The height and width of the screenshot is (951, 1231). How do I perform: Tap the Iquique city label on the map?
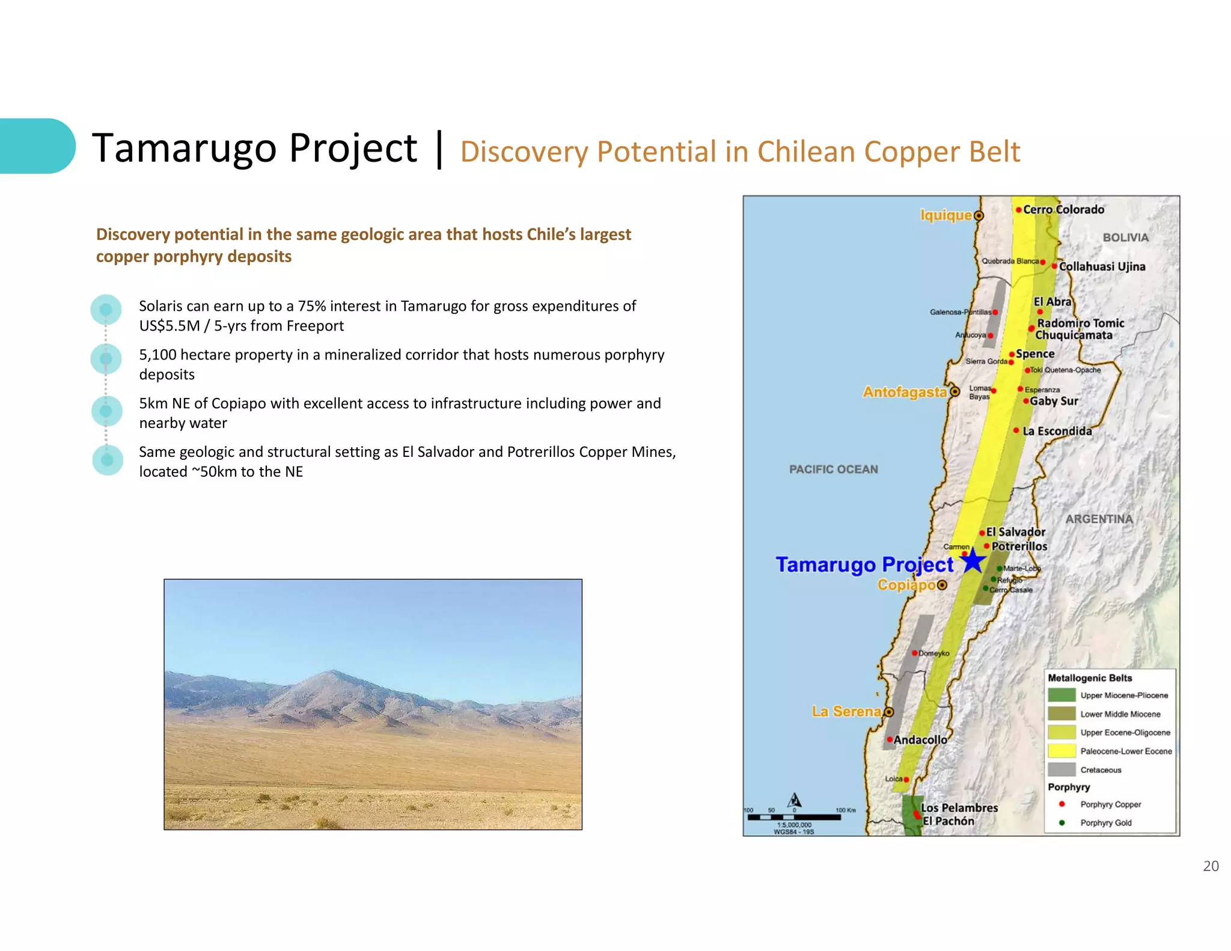tap(945, 215)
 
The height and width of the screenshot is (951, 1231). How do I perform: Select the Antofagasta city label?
tap(905, 392)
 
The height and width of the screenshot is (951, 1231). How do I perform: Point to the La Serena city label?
tap(846, 711)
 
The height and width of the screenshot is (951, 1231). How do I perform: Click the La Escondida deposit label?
tap(1057, 431)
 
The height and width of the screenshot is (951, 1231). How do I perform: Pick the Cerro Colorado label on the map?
tap(1063, 210)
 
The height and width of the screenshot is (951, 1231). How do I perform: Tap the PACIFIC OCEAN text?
tap(833, 469)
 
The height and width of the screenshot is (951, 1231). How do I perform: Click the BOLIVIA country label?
tap(1125, 237)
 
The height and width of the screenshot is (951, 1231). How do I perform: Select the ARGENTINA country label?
tap(1099, 519)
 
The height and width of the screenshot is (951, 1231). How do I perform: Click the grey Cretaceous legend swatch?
tap(1061, 769)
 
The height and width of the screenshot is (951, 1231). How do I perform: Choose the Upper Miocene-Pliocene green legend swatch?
tap(1061, 695)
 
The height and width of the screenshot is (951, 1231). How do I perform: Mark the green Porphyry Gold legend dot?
tap(1061, 822)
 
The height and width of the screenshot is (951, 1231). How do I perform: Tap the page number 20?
tap(1211, 866)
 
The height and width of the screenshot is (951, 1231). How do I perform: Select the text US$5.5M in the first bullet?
tap(169, 326)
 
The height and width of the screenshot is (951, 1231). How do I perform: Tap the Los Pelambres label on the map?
tap(959, 808)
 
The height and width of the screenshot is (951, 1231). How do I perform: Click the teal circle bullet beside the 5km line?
tap(106, 411)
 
